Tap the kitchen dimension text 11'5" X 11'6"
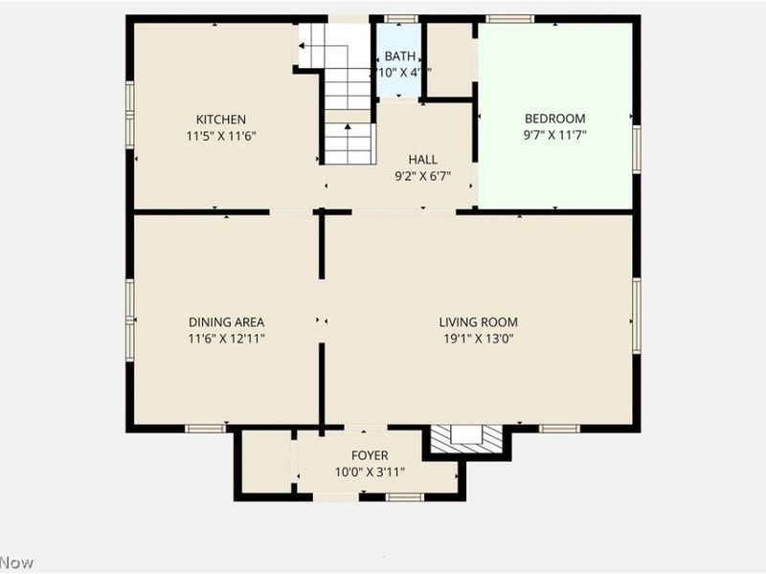pyautogui.click(x=221, y=136)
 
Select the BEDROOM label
pyautogui.click(x=554, y=120)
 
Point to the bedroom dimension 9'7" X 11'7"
pyautogui.click(x=554, y=136)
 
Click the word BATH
pyautogui.click(x=400, y=56)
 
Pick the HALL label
pyautogui.click(x=422, y=160)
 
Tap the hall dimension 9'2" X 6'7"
pyautogui.click(x=422, y=176)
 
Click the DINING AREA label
pyautogui.click(x=226, y=322)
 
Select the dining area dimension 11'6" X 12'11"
pyautogui.click(x=226, y=339)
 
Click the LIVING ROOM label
pyautogui.click(x=479, y=322)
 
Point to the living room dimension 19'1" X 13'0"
pyautogui.click(x=479, y=339)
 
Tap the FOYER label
pyautogui.click(x=370, y=455)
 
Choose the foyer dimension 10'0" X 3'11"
pyautogui.click(x=370, y=472)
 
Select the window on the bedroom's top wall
pyautogui.click(x=509, y=19)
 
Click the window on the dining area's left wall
pyautogui.click(x=129, y=303)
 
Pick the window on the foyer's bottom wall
pyautogui.click(x=404, y=497)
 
